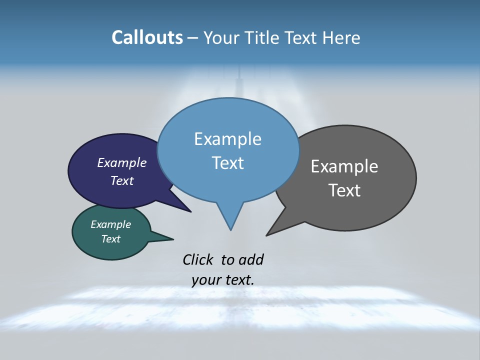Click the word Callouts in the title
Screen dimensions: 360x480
click(x=147, y=37)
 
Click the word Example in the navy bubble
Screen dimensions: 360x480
click(x=122, y=163)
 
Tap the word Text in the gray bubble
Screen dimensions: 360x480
click(x=344, y=190)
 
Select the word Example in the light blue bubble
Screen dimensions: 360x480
click(x=228, y=139)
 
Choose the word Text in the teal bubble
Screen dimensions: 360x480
click(x=111, y=239)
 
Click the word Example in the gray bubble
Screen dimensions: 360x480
click(x=344, y=166)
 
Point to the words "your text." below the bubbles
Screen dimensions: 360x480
click(x=223, y=280)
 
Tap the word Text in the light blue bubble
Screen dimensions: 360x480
click(x=228, y=163)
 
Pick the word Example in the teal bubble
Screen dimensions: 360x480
click(x=111, y=224)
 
